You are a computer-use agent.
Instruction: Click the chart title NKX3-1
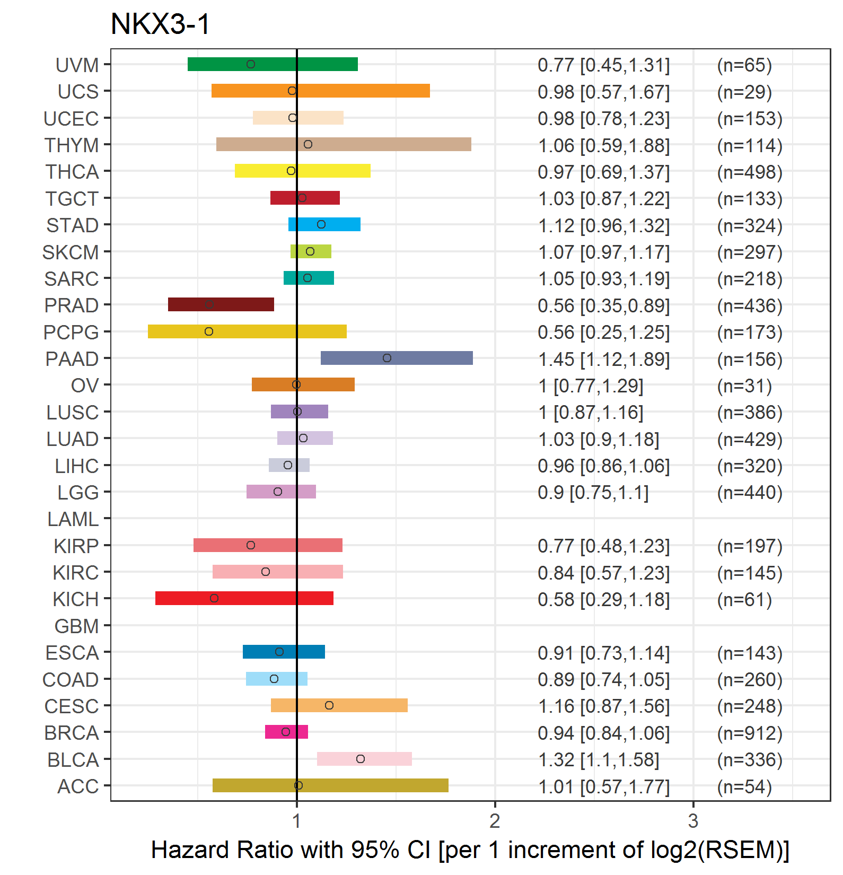pyautogui.click(x=160, y=24)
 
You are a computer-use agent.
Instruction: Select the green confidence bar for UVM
pyautogui.click(x=273, y=64)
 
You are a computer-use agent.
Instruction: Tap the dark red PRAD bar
pyautogui.click(x=221, y=304)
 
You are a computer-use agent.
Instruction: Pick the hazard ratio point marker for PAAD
pyautogui.click(x=387, y=358)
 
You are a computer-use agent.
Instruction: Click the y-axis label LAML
pyautogui.click(x=73, y=519)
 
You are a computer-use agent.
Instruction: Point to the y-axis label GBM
pyautogui.click(x=76, y=626)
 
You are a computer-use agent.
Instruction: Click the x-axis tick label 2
pyautogui.click(x=495, y=821)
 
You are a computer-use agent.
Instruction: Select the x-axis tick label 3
pyautogui.click(x=693, y=821)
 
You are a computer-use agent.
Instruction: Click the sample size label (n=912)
pyautogui.click(x=750, y=733)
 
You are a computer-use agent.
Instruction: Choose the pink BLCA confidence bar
pyautogui.click(x=364, y=759)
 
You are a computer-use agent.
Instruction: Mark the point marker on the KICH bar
pyautogui.click(x=214, y=598)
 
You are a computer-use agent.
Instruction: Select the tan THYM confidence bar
pyautogui.click(x=344, y=144)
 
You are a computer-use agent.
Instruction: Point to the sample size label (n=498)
pyautogui.click(x=750, y=172)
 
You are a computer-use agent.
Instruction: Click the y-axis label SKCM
pyautogui.click(x=71, y=252)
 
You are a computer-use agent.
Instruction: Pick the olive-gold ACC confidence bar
pyautogui.click(x=330, y=785)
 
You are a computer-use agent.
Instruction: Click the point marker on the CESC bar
pyautogui.click(x=329, y=705)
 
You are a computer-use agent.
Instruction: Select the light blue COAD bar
pyautogui.click(x=277, y=679)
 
